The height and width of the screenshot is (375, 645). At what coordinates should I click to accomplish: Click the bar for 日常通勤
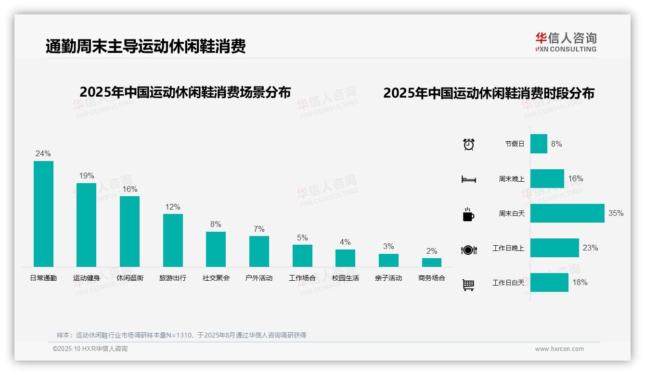(x=43, y=213)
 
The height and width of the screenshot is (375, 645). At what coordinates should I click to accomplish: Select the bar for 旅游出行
(x=173, y=240)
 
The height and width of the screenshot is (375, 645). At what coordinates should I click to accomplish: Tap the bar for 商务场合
(x=432, y=262)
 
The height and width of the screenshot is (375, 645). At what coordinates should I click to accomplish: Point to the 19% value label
(x=87, y=176)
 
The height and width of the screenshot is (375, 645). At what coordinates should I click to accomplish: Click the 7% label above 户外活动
(x=259, y=229)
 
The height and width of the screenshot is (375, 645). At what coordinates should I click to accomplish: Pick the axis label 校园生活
(x=346, y=278)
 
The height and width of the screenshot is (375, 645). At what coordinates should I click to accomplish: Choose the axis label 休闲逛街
(x=130, y=278)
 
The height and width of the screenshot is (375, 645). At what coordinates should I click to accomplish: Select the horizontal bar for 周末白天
(x=567, y=213)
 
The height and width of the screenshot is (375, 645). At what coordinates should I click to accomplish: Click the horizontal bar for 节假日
(x=539, y=144)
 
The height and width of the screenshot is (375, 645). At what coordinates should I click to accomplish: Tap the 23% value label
(x=590, y=248)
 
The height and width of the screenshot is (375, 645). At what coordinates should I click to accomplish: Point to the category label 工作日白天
(x=508, y=283)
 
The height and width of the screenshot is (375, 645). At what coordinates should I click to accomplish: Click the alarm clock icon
(x=469, y=144)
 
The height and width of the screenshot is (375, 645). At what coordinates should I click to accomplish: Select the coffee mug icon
(x=468, y=214)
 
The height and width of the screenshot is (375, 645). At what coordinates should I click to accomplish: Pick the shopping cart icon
(x=468, y=285)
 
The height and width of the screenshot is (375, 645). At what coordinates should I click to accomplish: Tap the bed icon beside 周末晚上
(x=468, y=179)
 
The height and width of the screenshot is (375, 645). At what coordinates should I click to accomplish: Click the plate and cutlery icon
(x=469, y=250)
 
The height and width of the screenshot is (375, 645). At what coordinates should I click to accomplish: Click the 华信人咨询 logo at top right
(x=566, y=42)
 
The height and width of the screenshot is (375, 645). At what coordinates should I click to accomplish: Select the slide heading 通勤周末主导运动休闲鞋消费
(x=145, y=47)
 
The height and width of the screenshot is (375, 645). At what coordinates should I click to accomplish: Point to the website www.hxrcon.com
(x=559, y=349)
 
